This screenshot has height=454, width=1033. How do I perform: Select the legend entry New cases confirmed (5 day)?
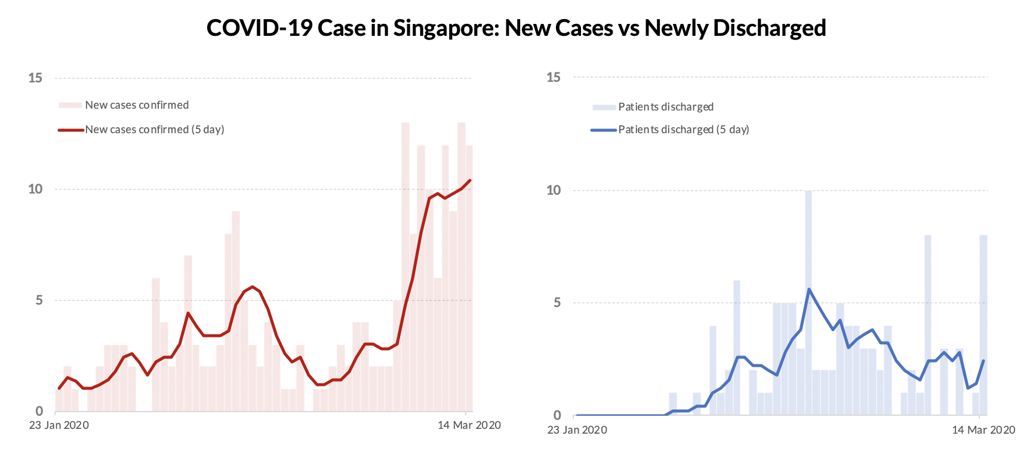pyautogui.click(x=154, y=130)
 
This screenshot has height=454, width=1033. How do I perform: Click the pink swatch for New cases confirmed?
pyautogui.click(x=70, y=105)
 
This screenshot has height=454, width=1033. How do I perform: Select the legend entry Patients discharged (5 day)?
pyautogui.click(x=683, y=130)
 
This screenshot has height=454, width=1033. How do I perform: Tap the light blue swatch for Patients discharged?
pyautogui.click(x=603, y=107)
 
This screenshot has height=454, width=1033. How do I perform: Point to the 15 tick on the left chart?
pyautogui.click(x=35, y=78)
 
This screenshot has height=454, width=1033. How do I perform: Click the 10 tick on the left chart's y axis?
pyautogui.click(x=35, y=189)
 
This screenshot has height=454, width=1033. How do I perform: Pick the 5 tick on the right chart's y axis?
pyautogui.click(x=557, y=303)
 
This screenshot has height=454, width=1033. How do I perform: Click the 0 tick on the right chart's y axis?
pyautogui.click(x=557, y=415)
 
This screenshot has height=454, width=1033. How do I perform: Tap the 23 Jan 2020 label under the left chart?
pyautogui.click(x=59, y=425)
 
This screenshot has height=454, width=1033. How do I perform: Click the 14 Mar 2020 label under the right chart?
pyautogui.click(x=983, y=430)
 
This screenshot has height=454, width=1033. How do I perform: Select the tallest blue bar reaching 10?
pyautogui.click(x=808, y=299)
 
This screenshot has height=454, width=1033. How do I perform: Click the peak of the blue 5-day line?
pyautogui.click(x=809, y=289)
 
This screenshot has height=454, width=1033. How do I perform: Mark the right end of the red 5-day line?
pyautogui.click(x=470, y=180)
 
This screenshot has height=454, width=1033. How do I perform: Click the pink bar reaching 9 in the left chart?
pyautogui.click(x=236, y=311)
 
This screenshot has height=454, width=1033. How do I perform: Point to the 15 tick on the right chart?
pyautogui.click(x=554, y=77)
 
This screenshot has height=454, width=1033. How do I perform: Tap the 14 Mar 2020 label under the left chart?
pyautogui.click(x=469, y=425)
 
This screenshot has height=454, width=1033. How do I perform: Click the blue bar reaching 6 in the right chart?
pyautogui.click(x=737, y=346)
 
